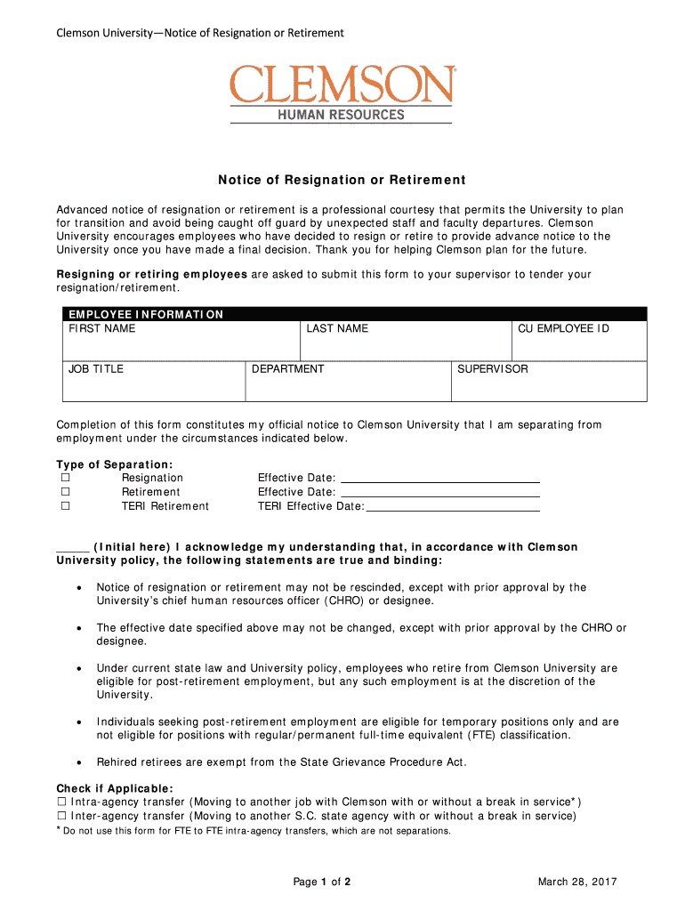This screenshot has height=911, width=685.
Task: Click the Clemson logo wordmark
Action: pyautogui.click(x=342, y=85)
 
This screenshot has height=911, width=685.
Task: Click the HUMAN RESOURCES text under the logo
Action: pyautogui.click(x=342, y=115)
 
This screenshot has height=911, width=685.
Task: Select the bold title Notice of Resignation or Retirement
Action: pyautogui.click(x=342, y=180)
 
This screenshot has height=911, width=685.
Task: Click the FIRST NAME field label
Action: pyautogui.click(x=102, y=329)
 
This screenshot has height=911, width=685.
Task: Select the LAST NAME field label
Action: pyautogui.click(x=337, y=329)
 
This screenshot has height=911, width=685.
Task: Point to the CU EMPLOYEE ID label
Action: pyautogui.click(x=563, y=329)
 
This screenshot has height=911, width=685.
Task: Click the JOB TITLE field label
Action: pyautogui.click(x=96, y=369)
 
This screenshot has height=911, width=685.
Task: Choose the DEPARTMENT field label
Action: pyautogui.click(x=288, y=369)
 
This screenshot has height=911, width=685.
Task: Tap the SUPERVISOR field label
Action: pyautogui.click(x=492, y=369)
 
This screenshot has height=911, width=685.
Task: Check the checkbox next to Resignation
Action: pyautogui.click(x=65, y=478)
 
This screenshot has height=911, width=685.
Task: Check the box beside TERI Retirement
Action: pyautogui.click(x=65, y=506)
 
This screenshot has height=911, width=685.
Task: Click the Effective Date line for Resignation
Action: pyautogui.click(x=440, y=479)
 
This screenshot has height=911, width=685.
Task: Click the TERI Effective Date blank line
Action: pyautogui.click(x=453, y=507)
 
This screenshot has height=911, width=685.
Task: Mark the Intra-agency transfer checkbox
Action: pyautogui.click(x=62, y=802)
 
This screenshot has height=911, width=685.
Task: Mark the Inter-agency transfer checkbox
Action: pyautogui.click(x=62, y=816)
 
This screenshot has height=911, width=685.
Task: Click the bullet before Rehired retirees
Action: pyautogui.click(x=80, y=762)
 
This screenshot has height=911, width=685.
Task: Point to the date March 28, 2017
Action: pyautogui.click(x=577, y=882)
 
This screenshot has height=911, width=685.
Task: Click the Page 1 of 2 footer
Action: pyautogui.click(x=322, y=882)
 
